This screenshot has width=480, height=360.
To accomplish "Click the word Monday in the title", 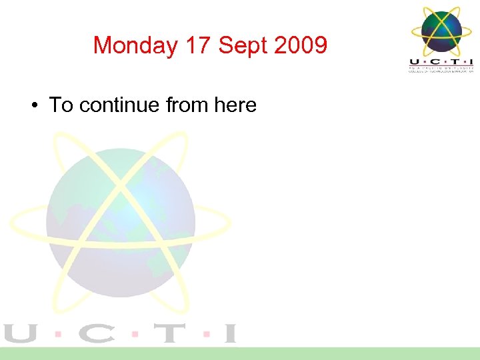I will (x=135, y=46).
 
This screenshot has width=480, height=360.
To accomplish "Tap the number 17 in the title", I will (x=198, y=46).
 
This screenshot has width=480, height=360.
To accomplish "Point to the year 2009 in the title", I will (x=299, y=46).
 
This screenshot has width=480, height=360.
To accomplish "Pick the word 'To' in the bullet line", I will (x=61, y=105).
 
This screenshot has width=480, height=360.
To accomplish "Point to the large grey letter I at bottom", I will (x=229, y=333).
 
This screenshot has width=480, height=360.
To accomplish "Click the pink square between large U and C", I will (x=59, y=333).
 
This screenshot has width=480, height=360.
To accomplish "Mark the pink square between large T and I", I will (x=206, y=333).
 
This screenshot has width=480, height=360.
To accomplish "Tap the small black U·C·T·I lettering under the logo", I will (x=441, y=62).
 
